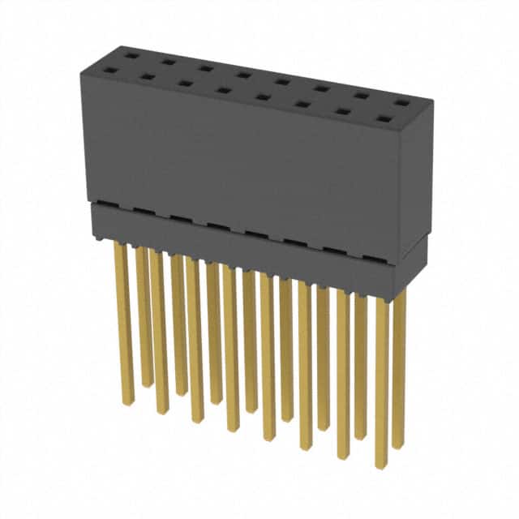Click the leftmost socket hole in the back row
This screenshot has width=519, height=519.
point(129,54)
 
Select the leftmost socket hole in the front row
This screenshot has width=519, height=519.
point(109,70)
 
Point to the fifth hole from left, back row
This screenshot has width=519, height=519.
point(282,81)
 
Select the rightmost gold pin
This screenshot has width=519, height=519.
point(398,365)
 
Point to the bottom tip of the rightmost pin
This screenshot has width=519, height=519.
point(398,446)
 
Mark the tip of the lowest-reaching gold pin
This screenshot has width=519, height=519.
point(380,465)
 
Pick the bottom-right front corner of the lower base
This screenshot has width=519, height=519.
point(395,299)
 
